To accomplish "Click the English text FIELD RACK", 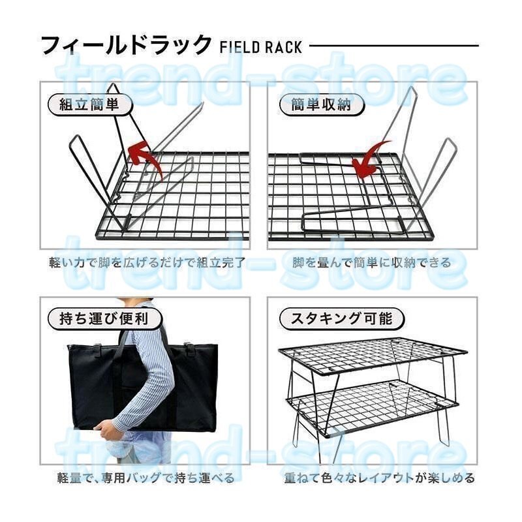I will [x=261, y=48].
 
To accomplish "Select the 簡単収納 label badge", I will [x=315, y=104].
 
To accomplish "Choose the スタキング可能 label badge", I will [x=336, y=319].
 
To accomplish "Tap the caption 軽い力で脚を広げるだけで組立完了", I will [x=149, y=263].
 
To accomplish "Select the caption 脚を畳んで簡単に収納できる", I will [x=372, y=263].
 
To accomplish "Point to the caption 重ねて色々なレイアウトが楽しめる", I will [x=379, y=478].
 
